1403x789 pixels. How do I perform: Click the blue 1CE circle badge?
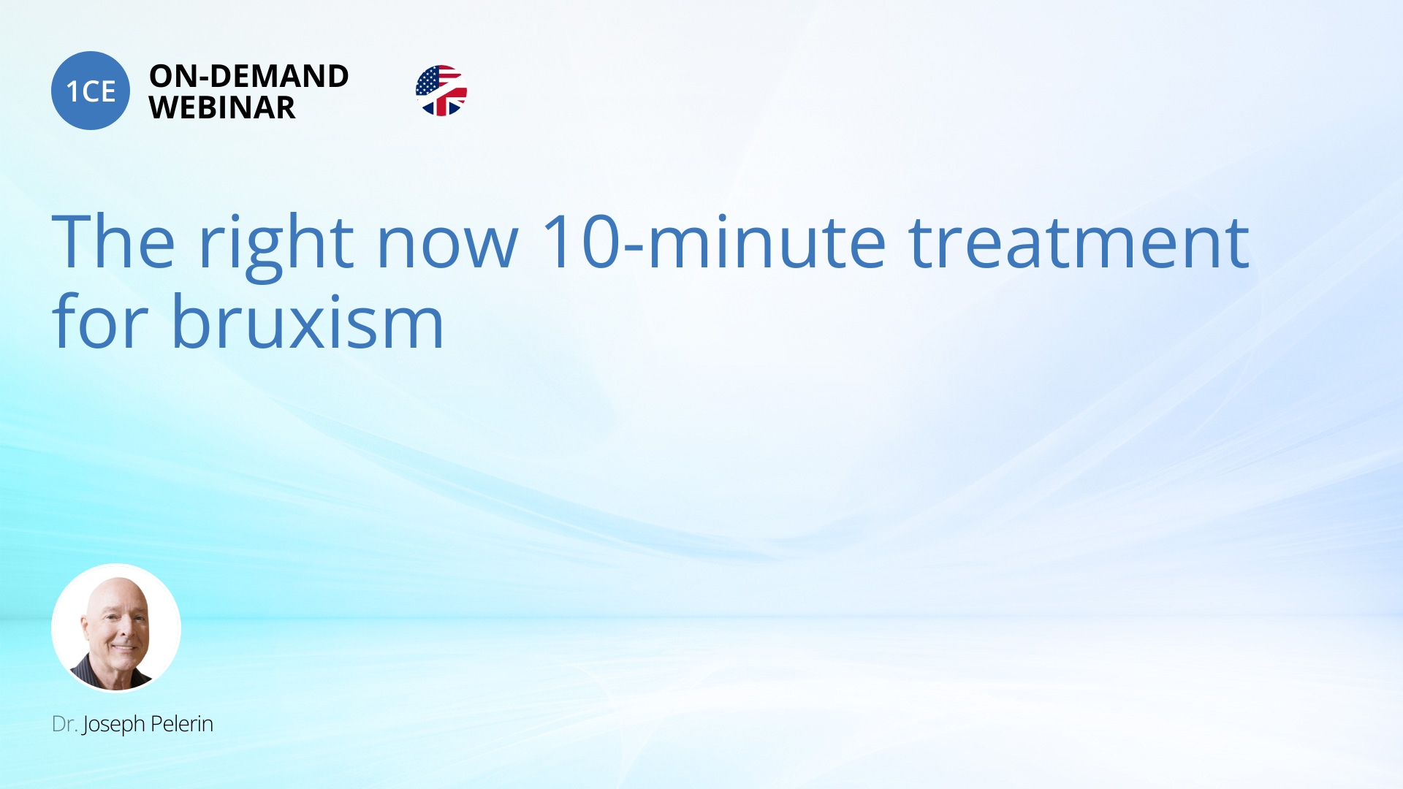[91, 91]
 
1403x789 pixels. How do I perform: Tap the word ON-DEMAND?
[249, 76]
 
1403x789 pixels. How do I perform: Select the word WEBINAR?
[222, 108]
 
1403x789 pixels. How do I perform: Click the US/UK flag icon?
[441, 91]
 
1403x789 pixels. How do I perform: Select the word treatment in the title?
[1079, 243]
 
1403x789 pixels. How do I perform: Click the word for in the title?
[101, 321]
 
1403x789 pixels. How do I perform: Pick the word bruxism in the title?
[308, 321]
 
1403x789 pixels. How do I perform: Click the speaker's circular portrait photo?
[116, 628]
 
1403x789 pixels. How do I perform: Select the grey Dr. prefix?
[64, 724]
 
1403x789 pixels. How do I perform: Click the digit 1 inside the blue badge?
[72, 92]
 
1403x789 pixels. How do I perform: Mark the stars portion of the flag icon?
[429, 80]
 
